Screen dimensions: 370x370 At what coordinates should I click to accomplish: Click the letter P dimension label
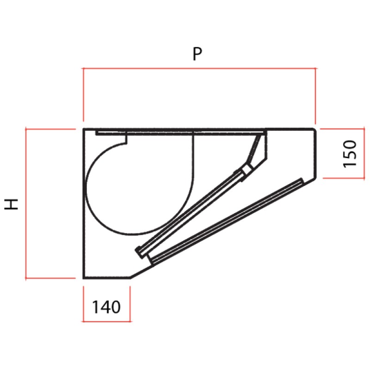(x=197, y=55)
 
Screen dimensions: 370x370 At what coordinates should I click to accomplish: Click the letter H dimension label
(x=12, y=204)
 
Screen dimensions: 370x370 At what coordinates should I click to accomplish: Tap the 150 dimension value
(x=350, y=154)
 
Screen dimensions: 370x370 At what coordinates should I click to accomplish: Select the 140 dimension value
(x=106, y=307)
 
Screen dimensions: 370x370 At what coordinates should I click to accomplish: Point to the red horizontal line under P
(x=199, y=68)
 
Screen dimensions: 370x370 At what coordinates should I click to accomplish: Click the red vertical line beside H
(x=26, y=204)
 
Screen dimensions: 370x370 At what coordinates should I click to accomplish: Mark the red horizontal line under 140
(x=106, y=321)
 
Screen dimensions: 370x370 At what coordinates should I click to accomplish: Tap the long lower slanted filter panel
(x=227, y=221)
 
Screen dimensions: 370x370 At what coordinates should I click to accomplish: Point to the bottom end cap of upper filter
(x=139, y=251)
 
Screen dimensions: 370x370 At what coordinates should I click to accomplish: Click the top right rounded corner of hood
(x=314, y=130)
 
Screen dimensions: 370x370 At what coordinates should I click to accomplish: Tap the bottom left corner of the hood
(x=84, y=277)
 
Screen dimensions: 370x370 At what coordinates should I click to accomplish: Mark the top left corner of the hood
(x=84, y=129)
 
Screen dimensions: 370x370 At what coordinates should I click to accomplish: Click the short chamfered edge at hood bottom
(x=141, y=272)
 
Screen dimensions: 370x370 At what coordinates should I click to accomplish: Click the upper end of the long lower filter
(x=301, y=181)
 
